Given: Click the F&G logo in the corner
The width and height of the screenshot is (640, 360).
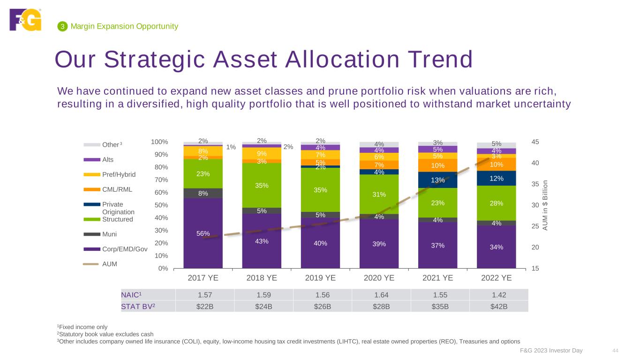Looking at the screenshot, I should (x=25, y=20).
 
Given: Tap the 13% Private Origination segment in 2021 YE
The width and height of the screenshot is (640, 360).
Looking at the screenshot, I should (x=437, y=180).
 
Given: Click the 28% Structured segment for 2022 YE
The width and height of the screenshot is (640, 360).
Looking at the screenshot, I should (x=496, y=203).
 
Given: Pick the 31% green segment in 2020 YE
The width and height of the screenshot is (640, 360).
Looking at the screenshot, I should (x=379, y=194).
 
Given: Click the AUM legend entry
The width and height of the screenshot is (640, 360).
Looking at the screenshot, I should (x=109, y=264).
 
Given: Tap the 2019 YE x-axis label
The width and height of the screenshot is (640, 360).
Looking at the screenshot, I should (x=320, y=277).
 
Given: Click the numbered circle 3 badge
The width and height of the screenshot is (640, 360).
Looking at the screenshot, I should (x=61, y=27).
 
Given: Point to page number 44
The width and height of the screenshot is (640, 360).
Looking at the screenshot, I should (x=616, y=351).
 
